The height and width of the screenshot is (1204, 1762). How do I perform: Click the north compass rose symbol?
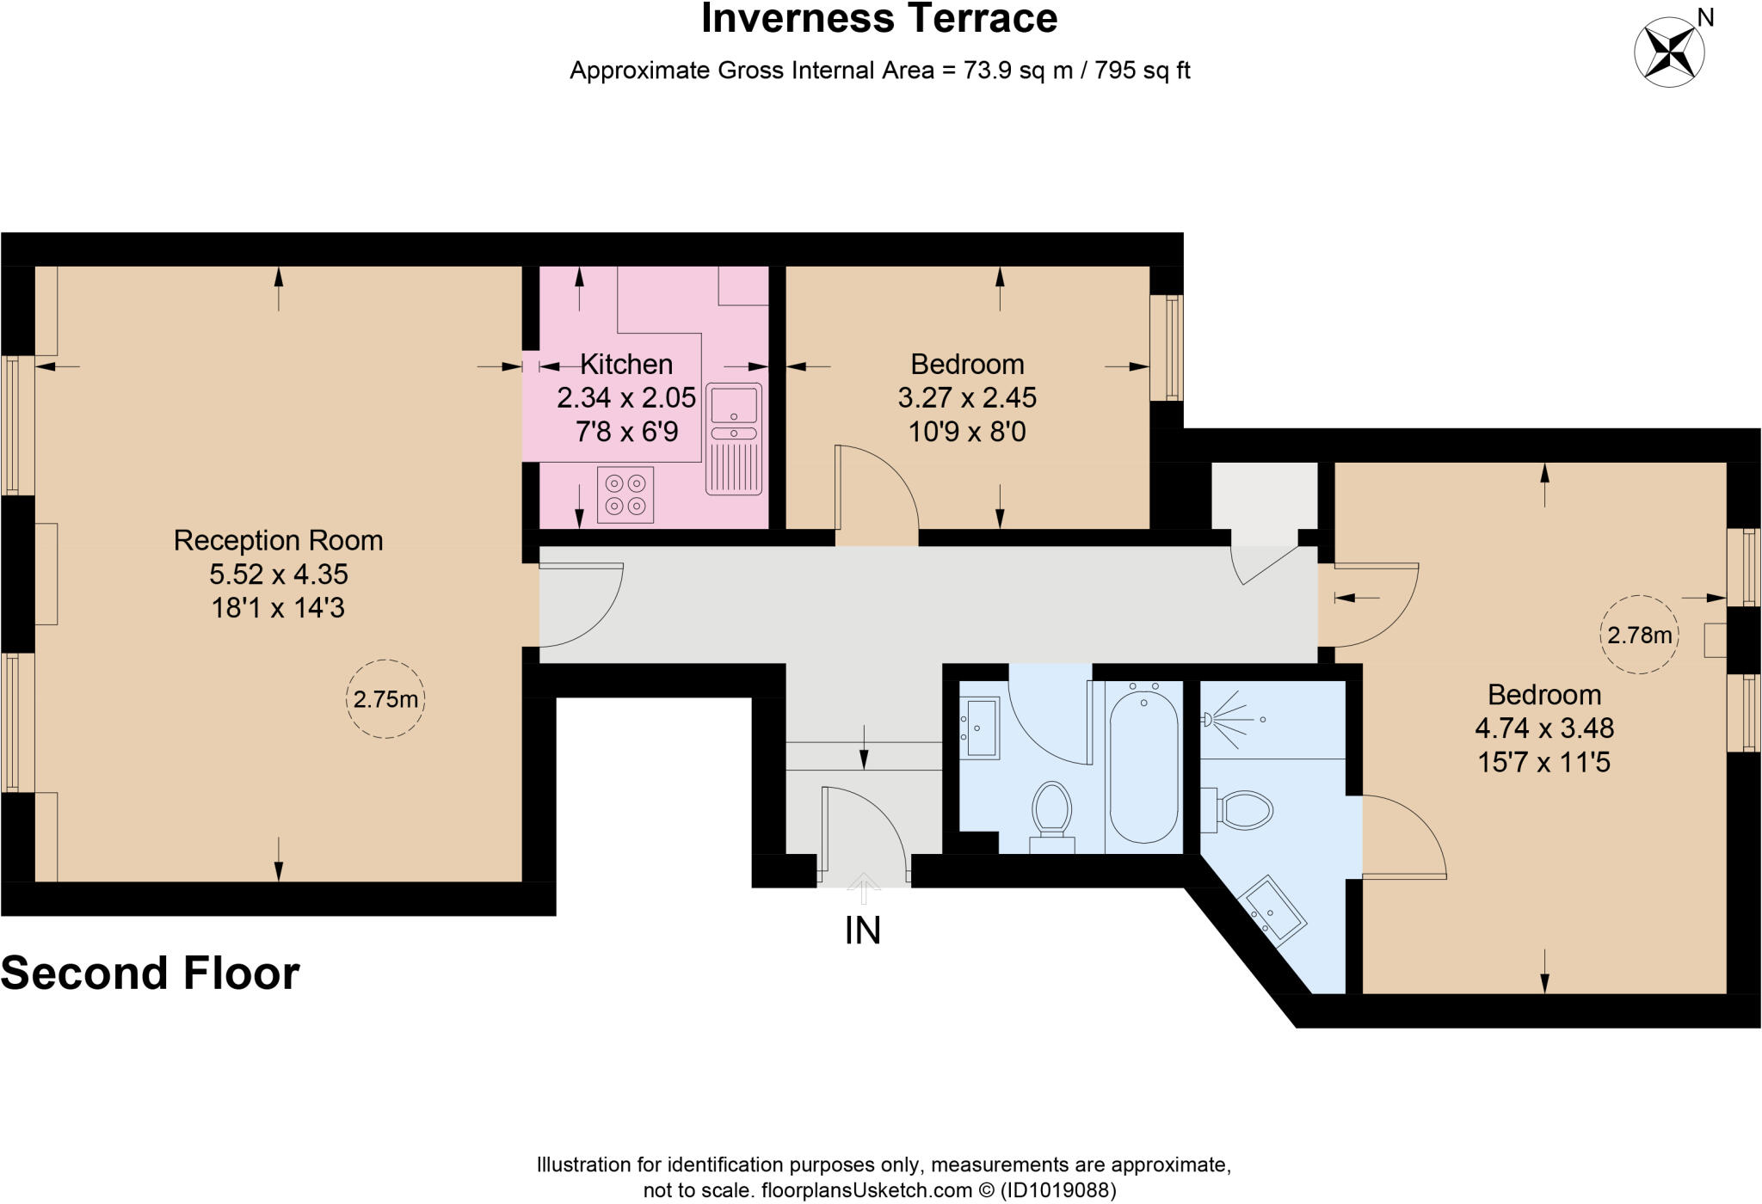pyautogui.click(x=1669, y=52)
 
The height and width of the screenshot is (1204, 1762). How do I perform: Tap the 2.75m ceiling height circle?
pyautogui.click(x=385, y=699)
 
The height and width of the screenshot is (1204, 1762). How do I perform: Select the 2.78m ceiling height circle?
pyautogui.click(x=1639, y=635)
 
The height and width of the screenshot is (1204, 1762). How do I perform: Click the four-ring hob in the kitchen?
pyautogui.click(x=625, y=494)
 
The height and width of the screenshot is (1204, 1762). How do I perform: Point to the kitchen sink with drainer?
pyautogui.click(x=734, y=439)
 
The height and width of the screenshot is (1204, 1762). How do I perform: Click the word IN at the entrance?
pyautogui.click(x=862, y=931)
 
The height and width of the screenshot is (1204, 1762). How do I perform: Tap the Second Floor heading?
pyautogui.click(x=151, y=974)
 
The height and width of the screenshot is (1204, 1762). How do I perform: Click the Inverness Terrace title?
pyautogui.click(x=878, y=19)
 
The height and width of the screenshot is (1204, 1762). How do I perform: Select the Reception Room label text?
pyautogui.click(x=278, y=540)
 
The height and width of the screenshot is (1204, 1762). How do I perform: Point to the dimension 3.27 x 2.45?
pyautogui.click(x=967, y=397)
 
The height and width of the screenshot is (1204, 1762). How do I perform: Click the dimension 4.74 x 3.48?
pyautogui.click(x=1543, y=728)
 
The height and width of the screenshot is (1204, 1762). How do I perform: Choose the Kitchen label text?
pyautogui.click(x=626, y=364)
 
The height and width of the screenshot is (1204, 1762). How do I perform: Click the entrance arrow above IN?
pyautogui.click(x=863, y=888)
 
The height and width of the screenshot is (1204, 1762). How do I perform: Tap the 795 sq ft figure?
pyautogui.click(x=1143, y=71)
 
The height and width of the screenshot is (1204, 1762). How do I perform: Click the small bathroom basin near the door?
pyautogui.click(x=980, y=728)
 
